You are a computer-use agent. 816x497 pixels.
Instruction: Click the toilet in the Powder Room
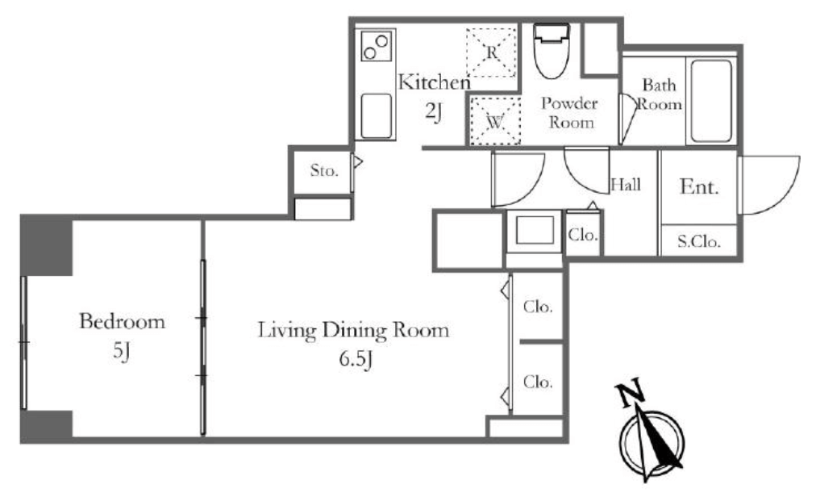click(x=552, y=50)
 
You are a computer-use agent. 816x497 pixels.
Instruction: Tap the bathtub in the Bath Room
click(x=711, y=101)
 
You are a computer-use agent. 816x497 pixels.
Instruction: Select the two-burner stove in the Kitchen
click(x=376, y=45)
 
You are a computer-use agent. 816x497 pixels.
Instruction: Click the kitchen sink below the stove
click(x=377, y=116)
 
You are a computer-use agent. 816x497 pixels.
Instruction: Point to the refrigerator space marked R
click(x=491, y=52)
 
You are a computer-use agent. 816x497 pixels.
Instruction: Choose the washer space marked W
click(x=495, y=121)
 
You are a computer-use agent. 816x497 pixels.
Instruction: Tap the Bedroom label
click(x=123, y=321)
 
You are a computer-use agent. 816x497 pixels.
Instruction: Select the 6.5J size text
click(x=356, y=359)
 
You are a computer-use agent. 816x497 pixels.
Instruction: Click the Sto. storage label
click(x=324, y=170)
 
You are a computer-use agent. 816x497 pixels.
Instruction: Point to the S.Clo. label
click(x=699, y=241)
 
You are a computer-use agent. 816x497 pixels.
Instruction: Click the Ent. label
click(x=699, y=186)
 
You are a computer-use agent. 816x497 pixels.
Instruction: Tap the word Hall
click(x=626, y=185)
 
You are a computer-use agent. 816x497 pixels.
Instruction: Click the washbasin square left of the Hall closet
click(x=535, y=230)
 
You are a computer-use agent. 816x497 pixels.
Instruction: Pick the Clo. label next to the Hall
click(x=583, y=235)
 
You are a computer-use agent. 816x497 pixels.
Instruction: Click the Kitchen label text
click(x=434, y=81)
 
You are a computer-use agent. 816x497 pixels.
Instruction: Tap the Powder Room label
click(x=570, y=112)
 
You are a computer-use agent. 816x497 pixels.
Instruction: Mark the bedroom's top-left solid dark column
click(x=46, y=245)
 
